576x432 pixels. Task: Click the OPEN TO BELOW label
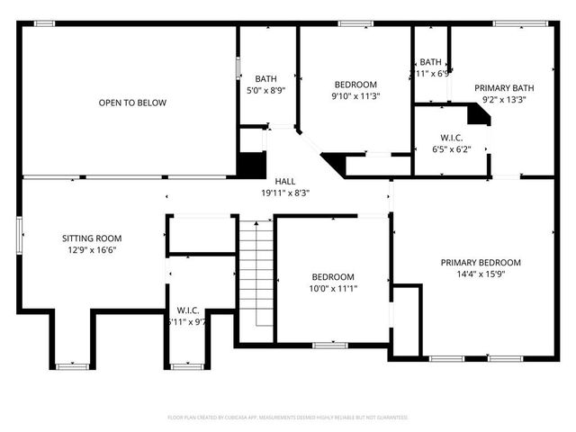coord(132,103)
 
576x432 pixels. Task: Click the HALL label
coord(284,180)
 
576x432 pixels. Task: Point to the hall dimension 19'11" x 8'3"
coord(284,192)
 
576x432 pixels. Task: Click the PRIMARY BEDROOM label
coord(481,263)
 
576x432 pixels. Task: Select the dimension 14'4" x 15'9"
coord(481,274)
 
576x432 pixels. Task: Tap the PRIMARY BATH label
coord(505,88)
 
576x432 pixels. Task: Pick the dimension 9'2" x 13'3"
coord(505,100)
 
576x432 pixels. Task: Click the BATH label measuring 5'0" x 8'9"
coord(265,78)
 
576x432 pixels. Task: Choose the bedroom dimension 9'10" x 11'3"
coord(355,96)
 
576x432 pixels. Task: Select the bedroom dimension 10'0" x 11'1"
coord(333,289)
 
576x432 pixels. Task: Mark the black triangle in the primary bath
coord(479,113)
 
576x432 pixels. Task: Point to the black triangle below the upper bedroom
coord(335,162)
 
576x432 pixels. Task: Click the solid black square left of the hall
coord(252,166)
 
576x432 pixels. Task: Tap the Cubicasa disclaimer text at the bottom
coord(288,418)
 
